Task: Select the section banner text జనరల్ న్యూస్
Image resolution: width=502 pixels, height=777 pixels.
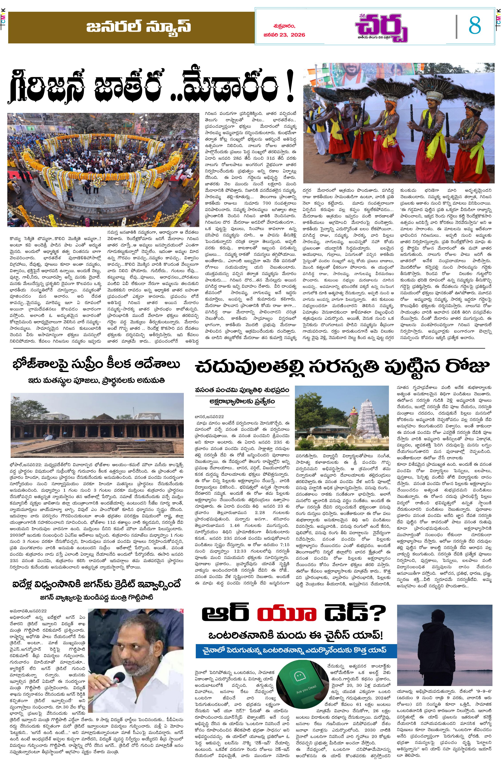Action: [139, 27]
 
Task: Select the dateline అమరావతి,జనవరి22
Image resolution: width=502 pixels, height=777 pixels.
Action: [28, 611]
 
